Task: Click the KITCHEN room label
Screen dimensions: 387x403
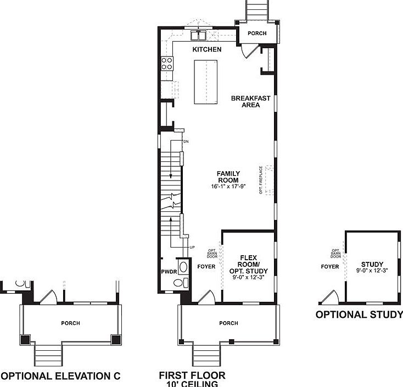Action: click(207, 49)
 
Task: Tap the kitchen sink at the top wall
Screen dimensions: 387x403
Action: click(198, 36)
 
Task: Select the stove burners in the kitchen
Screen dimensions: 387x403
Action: click(166, 64)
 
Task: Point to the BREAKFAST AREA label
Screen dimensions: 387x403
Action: click(250, 102)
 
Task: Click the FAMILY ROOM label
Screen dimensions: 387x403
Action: click(228, 177)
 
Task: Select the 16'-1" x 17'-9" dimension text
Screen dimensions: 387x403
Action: click(228, 187)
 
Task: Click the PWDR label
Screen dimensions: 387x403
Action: click(169, 271)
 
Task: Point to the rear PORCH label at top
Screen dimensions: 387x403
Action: click(257, 33)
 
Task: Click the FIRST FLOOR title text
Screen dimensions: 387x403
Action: click(192, 375)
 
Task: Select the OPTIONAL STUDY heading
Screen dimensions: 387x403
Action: click(355, 315)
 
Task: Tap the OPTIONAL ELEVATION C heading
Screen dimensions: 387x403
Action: click(60, 376)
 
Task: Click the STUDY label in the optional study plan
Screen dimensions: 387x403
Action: click(372, 265)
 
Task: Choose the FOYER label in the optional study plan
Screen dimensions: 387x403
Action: click(329, 267)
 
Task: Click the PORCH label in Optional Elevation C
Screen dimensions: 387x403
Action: click(70, 323)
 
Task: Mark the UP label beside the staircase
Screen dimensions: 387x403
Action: click(192, 248)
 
